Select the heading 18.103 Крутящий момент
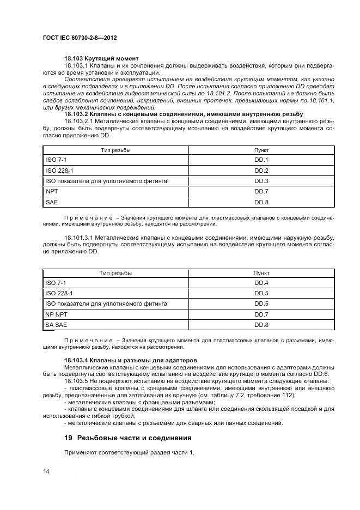tap(101, 58)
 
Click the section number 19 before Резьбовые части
tap(68, 438)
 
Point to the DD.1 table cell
tap(261, 160)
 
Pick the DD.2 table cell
tap(261, 170)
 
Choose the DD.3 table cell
tap(261, 180)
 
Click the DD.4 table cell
tap(261, 283)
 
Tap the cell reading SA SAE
tap(56, 325)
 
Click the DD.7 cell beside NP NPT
tap(261, 314)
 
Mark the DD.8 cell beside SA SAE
tap(261, 325)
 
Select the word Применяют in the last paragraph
tap(80, 453)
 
